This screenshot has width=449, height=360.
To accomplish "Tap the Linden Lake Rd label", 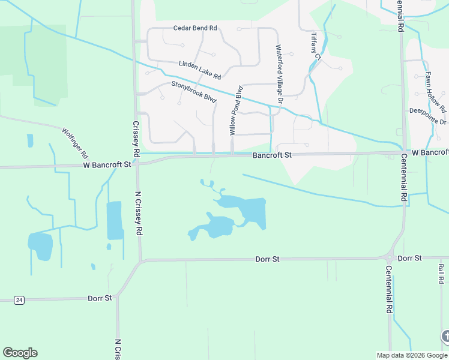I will tap(200, 70).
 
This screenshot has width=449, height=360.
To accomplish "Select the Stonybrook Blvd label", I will tap(193, 91).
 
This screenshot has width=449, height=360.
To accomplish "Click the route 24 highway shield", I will tap(19, 299).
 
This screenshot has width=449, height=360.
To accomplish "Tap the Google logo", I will tap(20, 353).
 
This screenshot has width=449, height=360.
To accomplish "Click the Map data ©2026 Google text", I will tap(412, 355).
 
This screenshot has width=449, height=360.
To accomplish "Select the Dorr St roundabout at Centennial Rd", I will tap(389, 258).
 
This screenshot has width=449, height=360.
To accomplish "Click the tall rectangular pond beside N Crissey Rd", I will tap(114, 220).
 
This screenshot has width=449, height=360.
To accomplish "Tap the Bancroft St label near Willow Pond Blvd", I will tap(272, 155).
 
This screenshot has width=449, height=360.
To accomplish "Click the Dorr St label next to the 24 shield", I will tap(100, 298).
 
